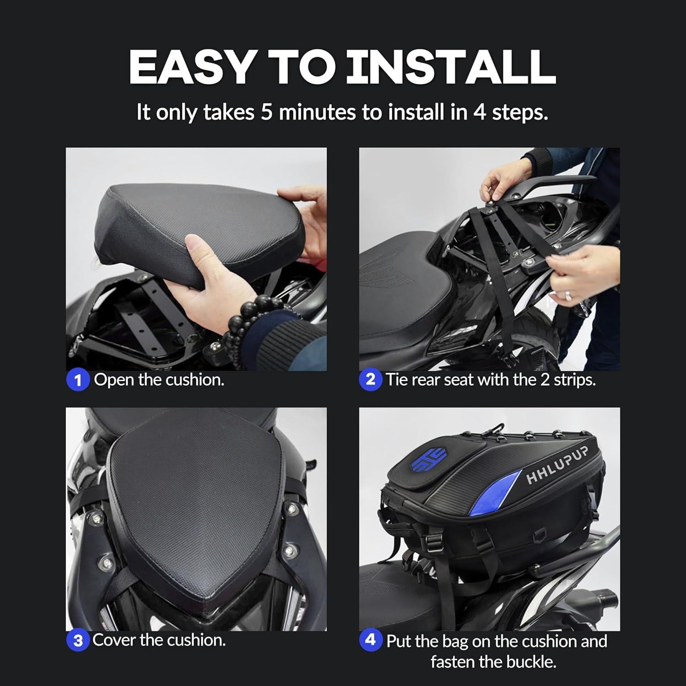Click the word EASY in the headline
[191, 67]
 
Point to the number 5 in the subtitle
[267, 112]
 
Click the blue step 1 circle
[77, 381]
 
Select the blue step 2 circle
[370, 380]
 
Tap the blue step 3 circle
[77, 640]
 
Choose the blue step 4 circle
[370, 639]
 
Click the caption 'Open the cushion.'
[159, 380]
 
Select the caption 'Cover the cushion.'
[159, 640]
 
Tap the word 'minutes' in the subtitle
[317, 112]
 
